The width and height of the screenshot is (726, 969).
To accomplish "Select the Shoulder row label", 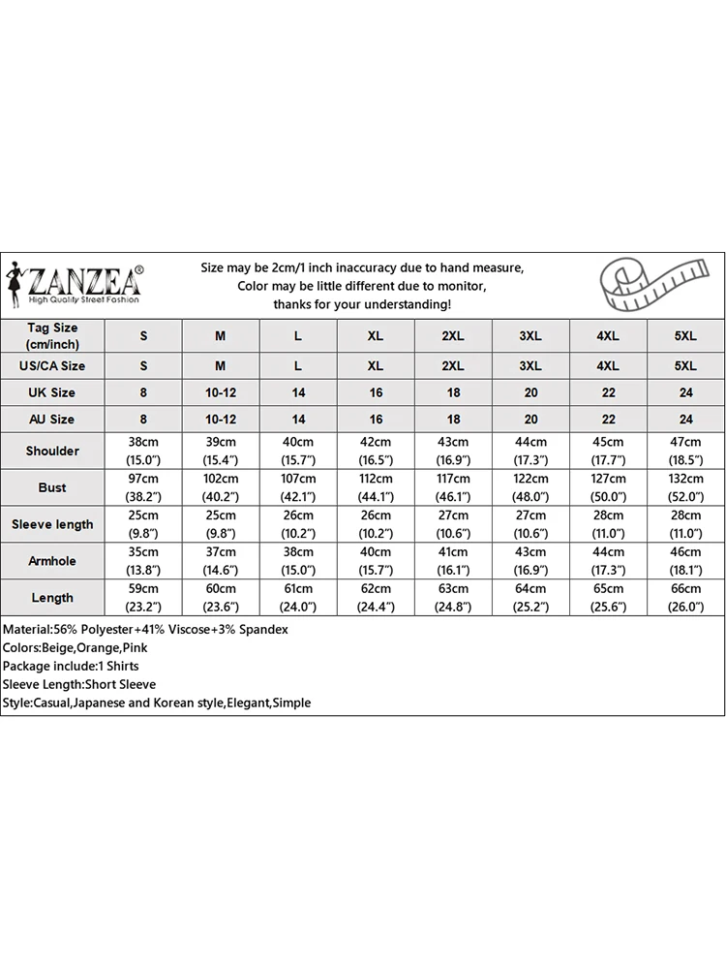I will click(x=53, y=451).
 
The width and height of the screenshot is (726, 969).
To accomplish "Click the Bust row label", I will click(x=53, y=487).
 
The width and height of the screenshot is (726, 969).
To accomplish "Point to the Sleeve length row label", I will click(x=53, y=524).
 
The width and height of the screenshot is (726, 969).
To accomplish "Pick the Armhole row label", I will click(x=53, y=561).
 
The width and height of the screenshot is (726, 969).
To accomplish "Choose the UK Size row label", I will click(x=53, y=392).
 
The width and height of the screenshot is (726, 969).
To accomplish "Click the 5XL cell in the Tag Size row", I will click(x=685, y=335).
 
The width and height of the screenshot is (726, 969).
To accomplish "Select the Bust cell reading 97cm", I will click(x=144, y=487).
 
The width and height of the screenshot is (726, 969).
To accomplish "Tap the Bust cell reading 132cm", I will click(x=685, y=487).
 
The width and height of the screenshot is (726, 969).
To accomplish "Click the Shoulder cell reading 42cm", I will click(x=376, y=451).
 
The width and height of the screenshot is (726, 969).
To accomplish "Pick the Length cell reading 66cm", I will click(x=685, y=598).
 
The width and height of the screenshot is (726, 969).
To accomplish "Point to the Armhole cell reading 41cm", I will click(x=453, y=561).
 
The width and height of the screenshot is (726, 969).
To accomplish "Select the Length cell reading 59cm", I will click(x=144, y=598).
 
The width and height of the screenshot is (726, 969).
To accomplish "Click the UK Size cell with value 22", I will click(x=608, y=392).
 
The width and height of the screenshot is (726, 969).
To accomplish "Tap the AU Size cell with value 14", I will click(x=298, y=420).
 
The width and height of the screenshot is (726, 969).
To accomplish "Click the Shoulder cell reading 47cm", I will click(x=685, y=451).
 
